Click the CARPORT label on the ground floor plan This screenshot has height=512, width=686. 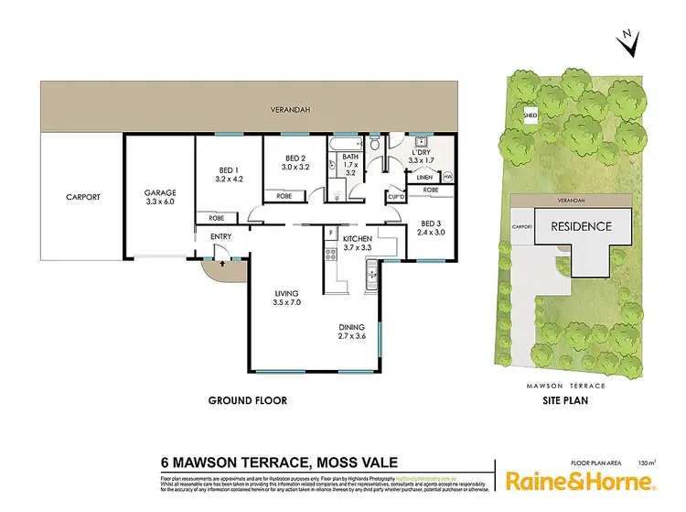click(82, 197)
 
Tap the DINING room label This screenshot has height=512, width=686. click(351, 327)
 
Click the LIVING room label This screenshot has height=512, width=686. click(289, 294)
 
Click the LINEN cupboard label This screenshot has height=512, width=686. click(424, 178)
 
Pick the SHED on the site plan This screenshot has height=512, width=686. click(530, 115)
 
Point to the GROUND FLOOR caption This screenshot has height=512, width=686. click(248, 400)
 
